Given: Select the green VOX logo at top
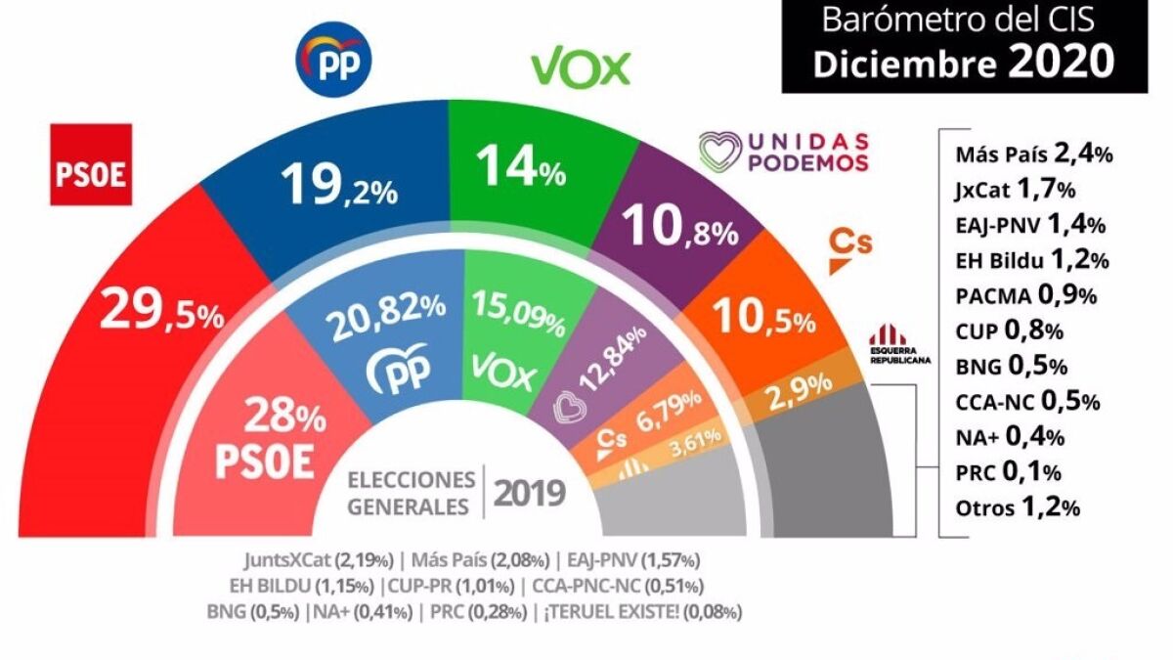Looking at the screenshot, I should pyautogui.click(x=580, y=66).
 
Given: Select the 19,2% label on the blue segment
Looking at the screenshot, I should pyautogui.click(x=338, y=183).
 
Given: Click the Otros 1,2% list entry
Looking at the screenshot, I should pyautogui.click(x=1016, y=506).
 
